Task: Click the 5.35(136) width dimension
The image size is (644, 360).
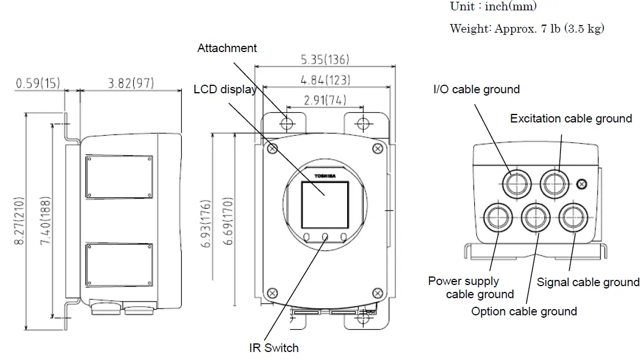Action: click(324, 60)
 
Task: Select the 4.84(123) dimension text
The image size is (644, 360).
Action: click(324, 80)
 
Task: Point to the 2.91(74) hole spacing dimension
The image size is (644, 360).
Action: click(324, 100)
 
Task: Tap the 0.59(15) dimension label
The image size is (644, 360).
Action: click(38, 84)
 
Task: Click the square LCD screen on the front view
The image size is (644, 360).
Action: click(325, 205)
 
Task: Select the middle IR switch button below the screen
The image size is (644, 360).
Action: click(325, 236)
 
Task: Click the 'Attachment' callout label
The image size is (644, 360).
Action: click(227, 48)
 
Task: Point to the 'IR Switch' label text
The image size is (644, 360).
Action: click(273, 347)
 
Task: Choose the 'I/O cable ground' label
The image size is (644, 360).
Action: click(476, 89)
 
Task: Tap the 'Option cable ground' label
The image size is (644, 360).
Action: click(524, 311)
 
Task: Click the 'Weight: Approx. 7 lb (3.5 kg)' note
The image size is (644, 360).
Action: click(527, 29)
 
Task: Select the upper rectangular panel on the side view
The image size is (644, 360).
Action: click(119, 177)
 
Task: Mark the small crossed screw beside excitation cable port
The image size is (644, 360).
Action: click(582, 184)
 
